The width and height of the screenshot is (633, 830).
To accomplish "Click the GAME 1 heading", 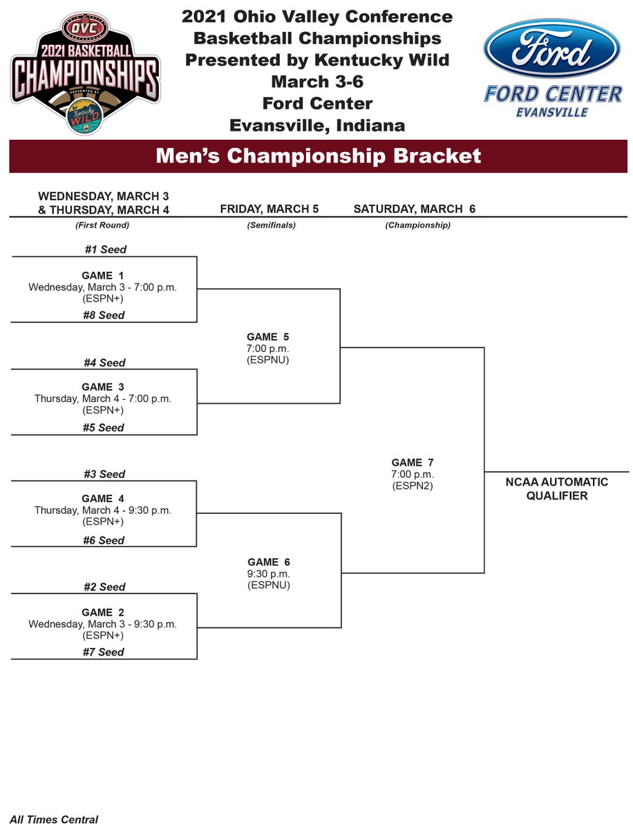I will pos(102,276).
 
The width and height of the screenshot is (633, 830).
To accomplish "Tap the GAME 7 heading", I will pos(413,463).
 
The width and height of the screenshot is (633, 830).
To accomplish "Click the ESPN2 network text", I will pos(413,486).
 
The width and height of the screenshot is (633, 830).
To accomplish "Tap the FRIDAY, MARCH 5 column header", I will pos(269,209).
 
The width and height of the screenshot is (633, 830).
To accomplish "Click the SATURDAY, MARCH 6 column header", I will pos(414,209).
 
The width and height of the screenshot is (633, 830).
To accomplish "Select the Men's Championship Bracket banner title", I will pos(318,156).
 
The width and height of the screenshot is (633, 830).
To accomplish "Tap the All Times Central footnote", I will pos(54,820).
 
